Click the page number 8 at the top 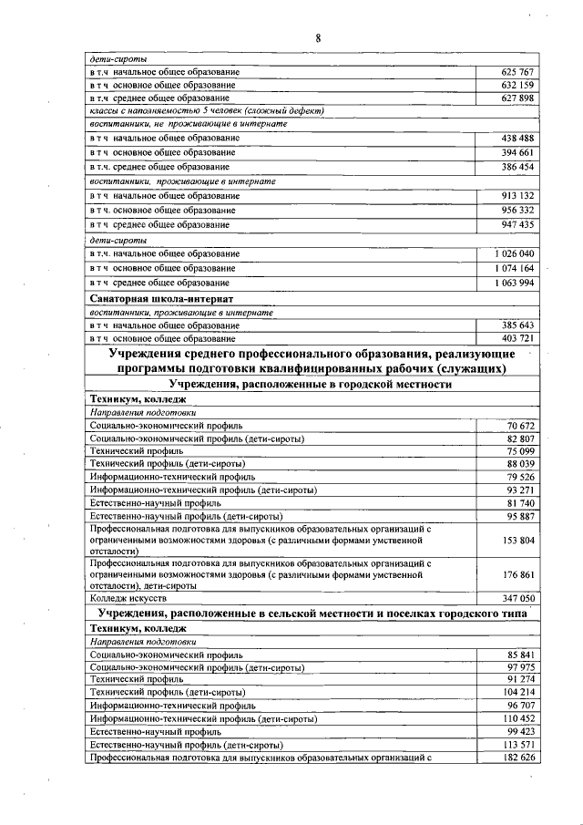click(x=319, y=37)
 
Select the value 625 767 click(x=517, y=71)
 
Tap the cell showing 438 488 click(x=517, y=138)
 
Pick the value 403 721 click(x=517, y=338)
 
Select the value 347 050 click(x=517, y=599)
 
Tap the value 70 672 click(x=519, y=426)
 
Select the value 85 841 click(x=519, y=655)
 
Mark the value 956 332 click(x=517, y=210)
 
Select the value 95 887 click(x=519, y=515)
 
